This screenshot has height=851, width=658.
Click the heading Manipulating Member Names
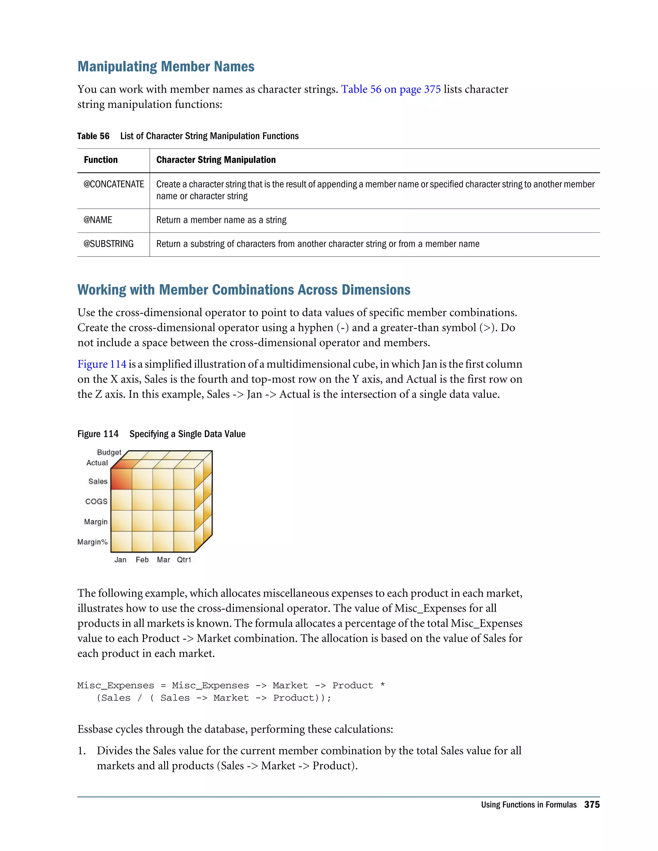point(166,66)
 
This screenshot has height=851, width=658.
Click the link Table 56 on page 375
point(391,89)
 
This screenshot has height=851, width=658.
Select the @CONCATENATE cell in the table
point(113,184)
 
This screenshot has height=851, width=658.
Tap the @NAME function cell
point(98,220)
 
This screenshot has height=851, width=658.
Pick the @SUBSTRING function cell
point(108,244)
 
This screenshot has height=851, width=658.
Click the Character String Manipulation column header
point(216,160)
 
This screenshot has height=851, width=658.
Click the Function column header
point(101,160)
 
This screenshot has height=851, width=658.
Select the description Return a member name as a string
point(221,220)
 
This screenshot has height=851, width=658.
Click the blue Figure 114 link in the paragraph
point(102,364)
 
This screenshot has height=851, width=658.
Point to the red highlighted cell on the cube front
point(121,478)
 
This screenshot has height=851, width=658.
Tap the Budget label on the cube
point(109,452)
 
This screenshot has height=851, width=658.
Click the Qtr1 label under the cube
point(184,560)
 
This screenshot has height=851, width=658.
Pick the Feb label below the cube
point(142,560)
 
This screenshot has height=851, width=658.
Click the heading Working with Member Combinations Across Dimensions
point(244,290)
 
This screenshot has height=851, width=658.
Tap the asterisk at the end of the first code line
point(382,685)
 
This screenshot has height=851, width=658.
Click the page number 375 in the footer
point(591,805)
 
